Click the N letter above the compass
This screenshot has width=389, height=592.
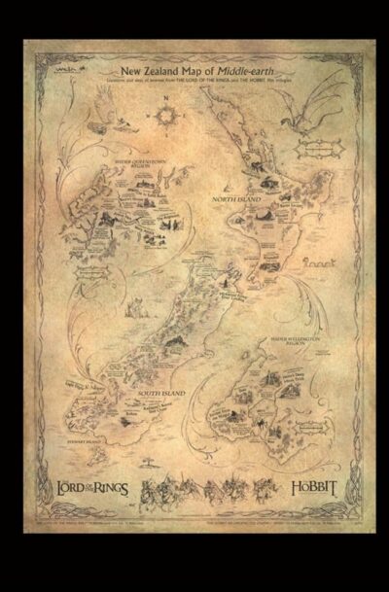click(166, 101)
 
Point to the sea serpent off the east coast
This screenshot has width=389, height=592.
click(317, 262)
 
